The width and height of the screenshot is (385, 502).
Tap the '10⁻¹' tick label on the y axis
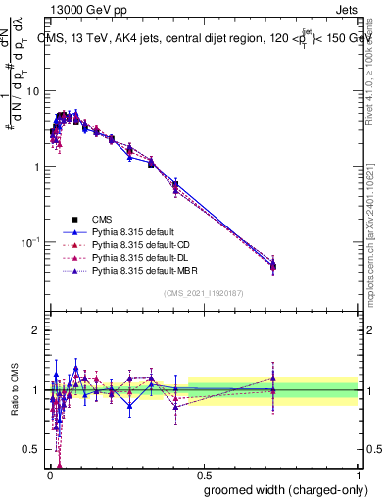point(30,241)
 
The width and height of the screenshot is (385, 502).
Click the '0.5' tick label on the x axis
point(203,474)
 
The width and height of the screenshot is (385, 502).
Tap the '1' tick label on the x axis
point(359,474)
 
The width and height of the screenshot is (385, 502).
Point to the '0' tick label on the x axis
point(48,474)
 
